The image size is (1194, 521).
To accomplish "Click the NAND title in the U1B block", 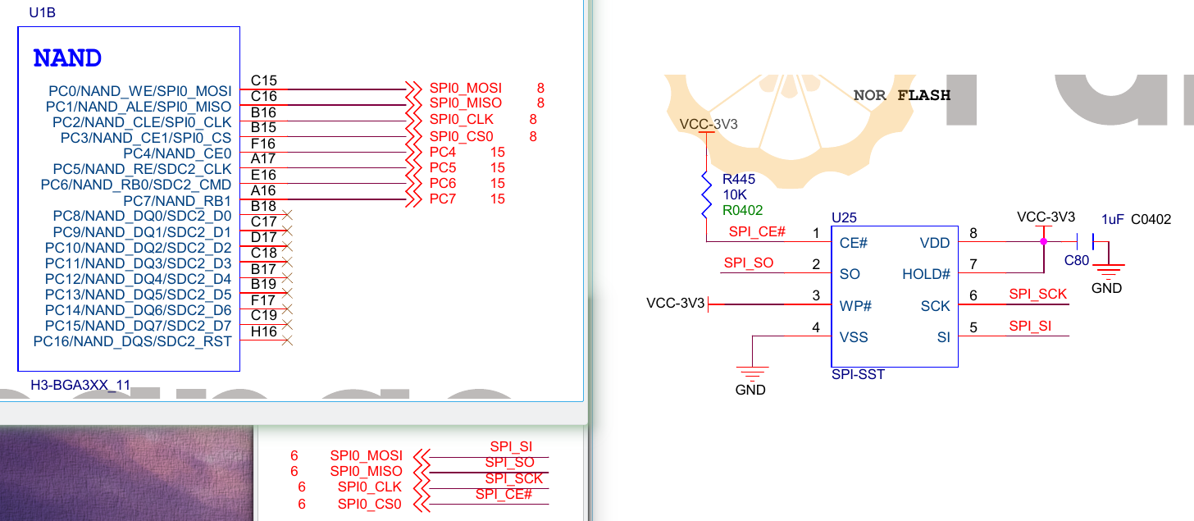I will tap(67, 59).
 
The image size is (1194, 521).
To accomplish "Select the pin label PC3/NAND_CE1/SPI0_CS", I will tap(146, 138).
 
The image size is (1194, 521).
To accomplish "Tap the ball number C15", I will tap(264, 80).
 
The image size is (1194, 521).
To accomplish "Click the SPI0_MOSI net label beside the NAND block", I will tap(465, 88).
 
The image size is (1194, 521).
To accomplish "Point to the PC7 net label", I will tap(443, 199).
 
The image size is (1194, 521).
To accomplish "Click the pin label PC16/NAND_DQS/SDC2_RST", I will tap(132, 341).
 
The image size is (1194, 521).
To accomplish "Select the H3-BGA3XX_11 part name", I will tap(80, 384).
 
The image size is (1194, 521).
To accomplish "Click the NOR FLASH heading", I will tap(901, 95).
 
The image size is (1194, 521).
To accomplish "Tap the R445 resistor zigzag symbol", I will tap(705, 194).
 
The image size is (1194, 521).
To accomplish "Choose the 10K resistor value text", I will tap(734, 194).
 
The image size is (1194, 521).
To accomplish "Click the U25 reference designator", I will tap(844, 217).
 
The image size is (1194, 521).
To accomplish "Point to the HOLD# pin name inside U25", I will tap(926, 274).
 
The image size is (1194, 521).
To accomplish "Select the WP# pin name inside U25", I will tap(855, 306).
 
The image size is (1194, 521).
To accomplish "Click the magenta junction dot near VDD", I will tap(1043, 242).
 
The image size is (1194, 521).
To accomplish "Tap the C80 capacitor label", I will tap(1076, 260).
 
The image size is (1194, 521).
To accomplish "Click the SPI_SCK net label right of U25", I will tap(1037, 294).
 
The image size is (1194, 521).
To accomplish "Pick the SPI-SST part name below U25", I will tap(858, 374).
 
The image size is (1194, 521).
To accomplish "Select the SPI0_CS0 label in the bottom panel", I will tap(369, 504).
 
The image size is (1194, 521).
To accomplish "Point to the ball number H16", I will tap(264, 331).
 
